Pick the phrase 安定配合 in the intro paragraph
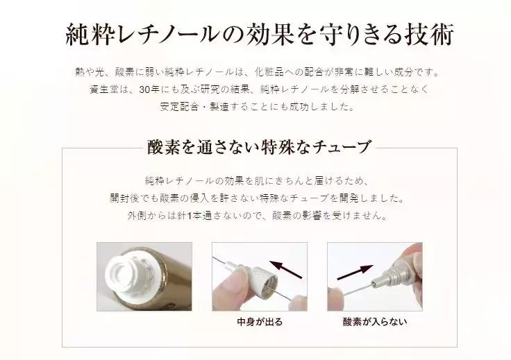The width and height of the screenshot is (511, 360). coord(181,107)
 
